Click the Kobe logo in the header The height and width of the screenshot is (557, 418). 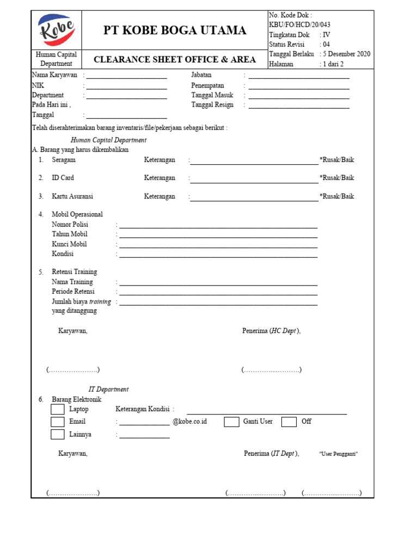coord(57,30)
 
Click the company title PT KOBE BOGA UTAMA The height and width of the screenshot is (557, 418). coord(175,30)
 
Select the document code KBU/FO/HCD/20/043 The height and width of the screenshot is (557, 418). coord(299,24)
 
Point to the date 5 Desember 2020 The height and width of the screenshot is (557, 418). coord(347,54)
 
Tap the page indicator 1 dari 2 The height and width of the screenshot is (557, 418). coord(333,64)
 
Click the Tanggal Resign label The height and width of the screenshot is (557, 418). coord(212,104)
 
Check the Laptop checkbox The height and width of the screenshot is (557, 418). coord(58,409)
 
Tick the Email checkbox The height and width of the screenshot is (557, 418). coord(58,422)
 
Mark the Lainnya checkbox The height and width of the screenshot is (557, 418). coord(58,434)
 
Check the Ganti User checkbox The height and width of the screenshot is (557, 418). coord(231,422)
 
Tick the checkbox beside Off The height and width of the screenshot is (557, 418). coord(289,422)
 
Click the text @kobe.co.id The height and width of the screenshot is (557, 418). coord(189,422)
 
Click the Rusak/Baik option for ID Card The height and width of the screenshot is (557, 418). coord(337,178)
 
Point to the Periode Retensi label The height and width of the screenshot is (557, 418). coord(73,292)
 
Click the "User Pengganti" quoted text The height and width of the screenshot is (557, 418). coord(338,454)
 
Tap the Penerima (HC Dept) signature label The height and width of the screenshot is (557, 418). coord(271,331)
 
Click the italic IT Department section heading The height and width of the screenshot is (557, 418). coord(108,389)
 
